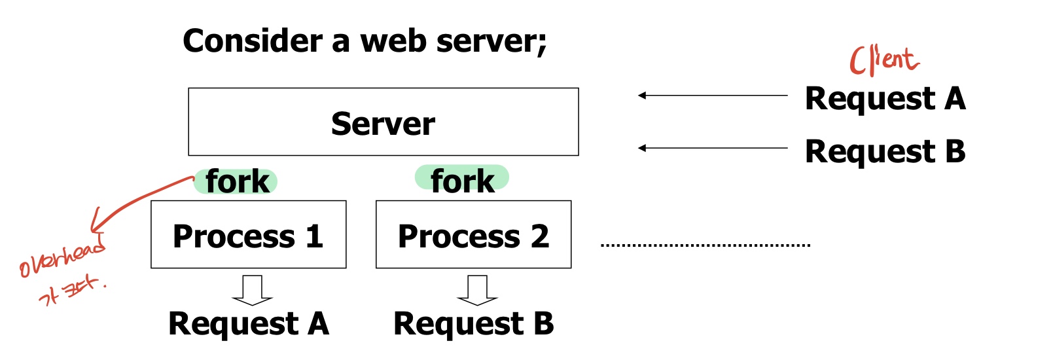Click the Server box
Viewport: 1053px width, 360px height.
pyautogui.click(x=383, y=122)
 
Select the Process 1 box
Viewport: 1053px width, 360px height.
pyautogui.click(x=248, y=235)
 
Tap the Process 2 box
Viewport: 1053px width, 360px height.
pyautogui.click(x=473, y=235)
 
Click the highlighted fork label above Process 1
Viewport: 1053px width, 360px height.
pyautogui.click(x=236, y=181)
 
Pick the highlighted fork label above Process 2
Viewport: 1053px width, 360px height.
pyautogui.click(x=462, y=180)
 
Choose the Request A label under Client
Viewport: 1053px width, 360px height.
pyautogui.click(x=885, y=99)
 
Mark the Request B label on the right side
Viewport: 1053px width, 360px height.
pyautogui.click(x=885, y=151)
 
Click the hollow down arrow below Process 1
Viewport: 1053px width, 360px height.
pyautogui.click(x=252, y=290)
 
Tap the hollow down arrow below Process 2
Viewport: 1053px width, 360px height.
pyautogui.click(x=477, y=290)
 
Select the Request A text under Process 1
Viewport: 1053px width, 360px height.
pyautogui.click(x=248, y=323)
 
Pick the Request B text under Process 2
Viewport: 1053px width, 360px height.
pyautogui.click(x=473, y=323)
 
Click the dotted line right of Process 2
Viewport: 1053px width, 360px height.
pyautogui.click(x=705, y=245)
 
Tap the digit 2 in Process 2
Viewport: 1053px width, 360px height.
pyautogui.click(x=539, y=236)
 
